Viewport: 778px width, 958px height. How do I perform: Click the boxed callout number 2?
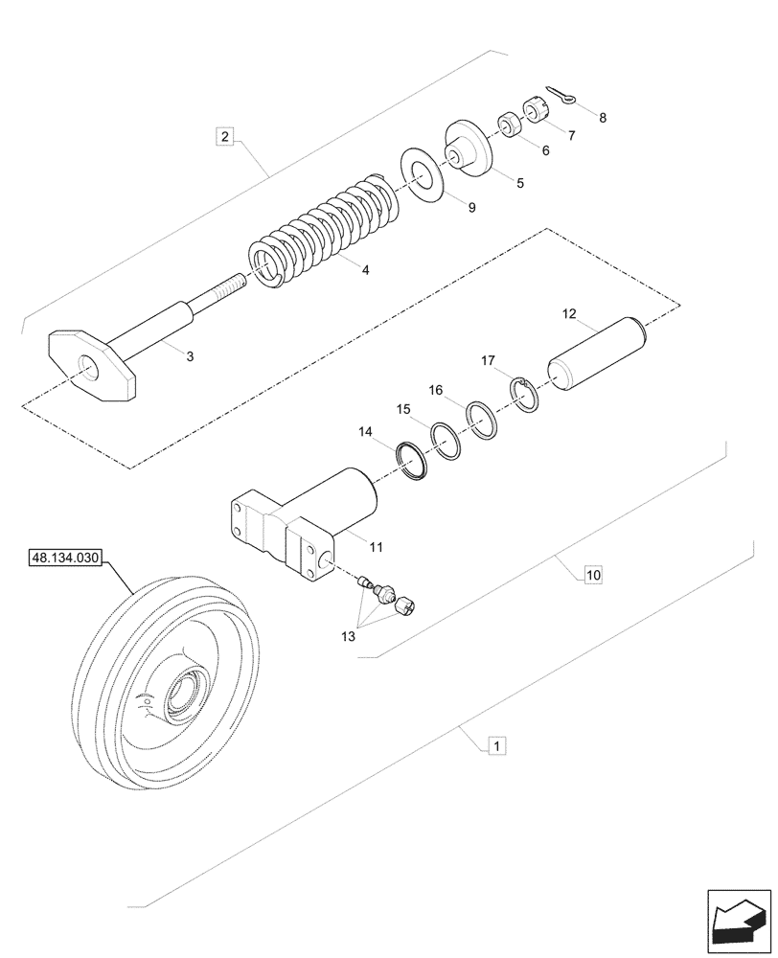(224, 136)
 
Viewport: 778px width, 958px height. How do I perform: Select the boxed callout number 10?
(593, 575)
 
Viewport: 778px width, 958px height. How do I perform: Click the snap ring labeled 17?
(523, 393)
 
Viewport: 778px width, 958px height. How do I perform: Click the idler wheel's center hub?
(181, 693)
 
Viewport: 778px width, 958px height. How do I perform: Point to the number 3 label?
(190, 356)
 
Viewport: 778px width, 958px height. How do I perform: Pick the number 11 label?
(376, 547)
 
